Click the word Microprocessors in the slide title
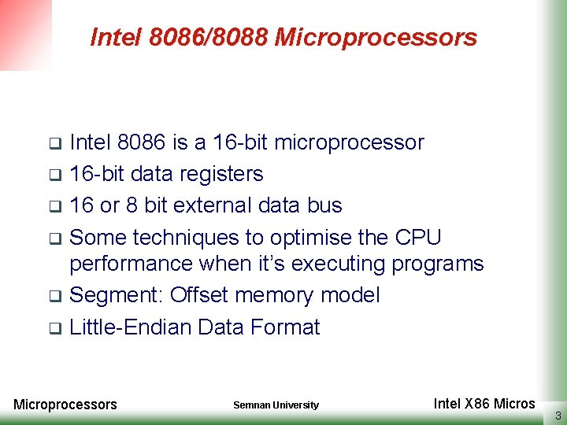tap(376, 38)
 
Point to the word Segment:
tap(117, 296)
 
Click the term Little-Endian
tap(131, 327)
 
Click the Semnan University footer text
tap(276, 405)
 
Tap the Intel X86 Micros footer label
tap(484, 404)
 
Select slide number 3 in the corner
tap(558, 416)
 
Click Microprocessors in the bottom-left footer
tap(65, 405)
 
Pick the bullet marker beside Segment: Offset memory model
tap(55, 297)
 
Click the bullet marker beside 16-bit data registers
tap(55, 175)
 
